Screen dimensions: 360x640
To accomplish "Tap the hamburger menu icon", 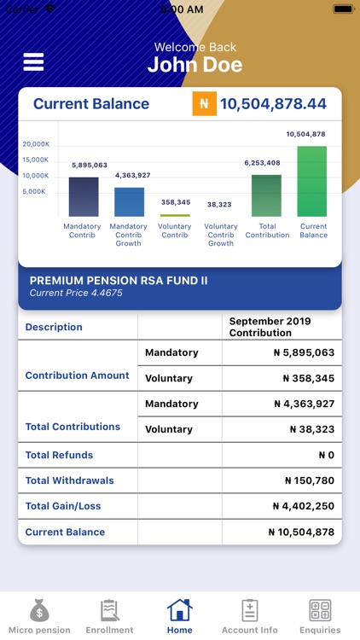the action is tap(33, 62).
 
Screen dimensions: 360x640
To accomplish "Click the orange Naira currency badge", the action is tap(203, 104).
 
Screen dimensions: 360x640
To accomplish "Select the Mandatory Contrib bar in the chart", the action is tap(84, 197).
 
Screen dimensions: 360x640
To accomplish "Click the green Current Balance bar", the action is tap(312, 182).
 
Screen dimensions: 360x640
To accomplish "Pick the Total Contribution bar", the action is tap(266, 195).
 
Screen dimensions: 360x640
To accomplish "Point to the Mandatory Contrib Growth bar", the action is tap(129, 202).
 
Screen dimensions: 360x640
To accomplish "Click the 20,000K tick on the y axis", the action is tap(36, 144).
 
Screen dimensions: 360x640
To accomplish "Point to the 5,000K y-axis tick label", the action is tap(36, 192).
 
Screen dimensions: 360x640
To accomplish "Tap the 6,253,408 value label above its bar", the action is tap(262, 163).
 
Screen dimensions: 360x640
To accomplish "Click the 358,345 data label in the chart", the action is tap(175, 202).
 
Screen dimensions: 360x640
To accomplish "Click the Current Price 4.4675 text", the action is tap(76, 294).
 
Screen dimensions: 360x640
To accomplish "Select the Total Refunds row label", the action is tap(59, 455).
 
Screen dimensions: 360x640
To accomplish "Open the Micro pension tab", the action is tap(39, 616).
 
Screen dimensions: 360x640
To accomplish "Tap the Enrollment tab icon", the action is tap(109, 611).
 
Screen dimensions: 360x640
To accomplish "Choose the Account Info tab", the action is tap(250, 616).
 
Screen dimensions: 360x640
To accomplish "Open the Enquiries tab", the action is tap(320, 616).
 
